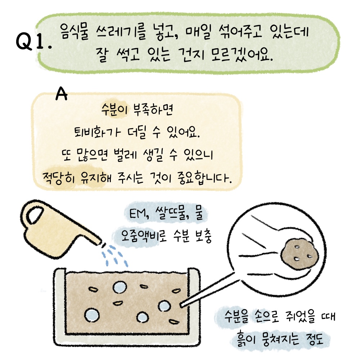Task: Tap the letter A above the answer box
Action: coord(62,94)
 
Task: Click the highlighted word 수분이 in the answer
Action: coord(114,110)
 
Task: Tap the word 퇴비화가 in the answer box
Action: coord(96,132)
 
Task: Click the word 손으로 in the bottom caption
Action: coord(266,316)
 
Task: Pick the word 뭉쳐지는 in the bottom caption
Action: coord(280,339)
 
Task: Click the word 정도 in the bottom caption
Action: coord(315,339)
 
